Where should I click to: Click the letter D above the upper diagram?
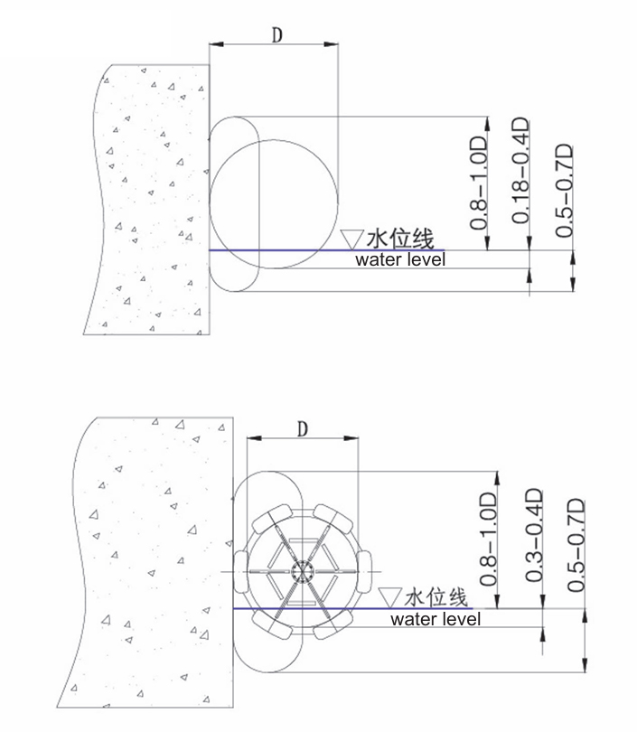pyautogui.click(x=277, y=34)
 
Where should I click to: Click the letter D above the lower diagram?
pyautogui.click(x=303, y=428)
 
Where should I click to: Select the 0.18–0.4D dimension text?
pyautogui.click(x=520, y=171)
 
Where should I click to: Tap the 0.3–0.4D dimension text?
pyautogui.click(x=534, y=535)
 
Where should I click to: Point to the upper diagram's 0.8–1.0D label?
pyautogui.click(x=478, y=183)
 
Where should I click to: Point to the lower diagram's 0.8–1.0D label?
pyautogui.click(x=488, y=539)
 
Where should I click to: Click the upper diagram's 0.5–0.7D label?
pyautogui.click(x=564, y=191)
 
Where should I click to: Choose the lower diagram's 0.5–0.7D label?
pyautogui.click(x=576, y=545)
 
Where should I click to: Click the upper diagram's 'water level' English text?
pyautogui.click(x=400, y=259)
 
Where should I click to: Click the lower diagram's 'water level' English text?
pyautogui.click(x=436, y=619)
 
